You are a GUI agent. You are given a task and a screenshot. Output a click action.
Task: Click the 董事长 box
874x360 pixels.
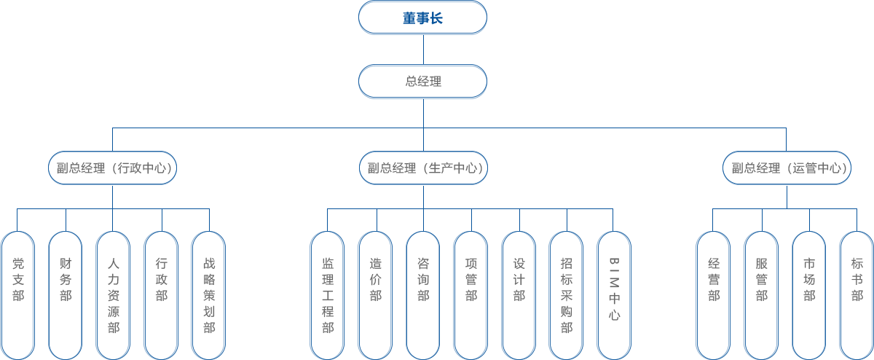coord(422,17)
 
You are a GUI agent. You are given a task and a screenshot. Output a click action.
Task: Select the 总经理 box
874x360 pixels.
coord(422,81)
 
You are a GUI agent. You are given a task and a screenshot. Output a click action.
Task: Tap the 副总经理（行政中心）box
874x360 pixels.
coord(112,168)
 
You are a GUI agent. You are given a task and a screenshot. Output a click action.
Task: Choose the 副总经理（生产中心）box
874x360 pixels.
coord(423,168)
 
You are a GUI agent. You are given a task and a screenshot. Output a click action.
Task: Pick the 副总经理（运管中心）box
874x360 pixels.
coord(787,168)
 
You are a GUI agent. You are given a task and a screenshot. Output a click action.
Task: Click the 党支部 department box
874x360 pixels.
coord(17,294)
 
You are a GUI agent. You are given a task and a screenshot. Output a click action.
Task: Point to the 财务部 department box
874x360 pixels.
coord(65,294)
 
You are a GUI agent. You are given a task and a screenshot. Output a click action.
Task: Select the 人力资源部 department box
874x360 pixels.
coord(113,294)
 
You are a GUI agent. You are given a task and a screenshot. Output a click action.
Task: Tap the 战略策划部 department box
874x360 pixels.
coord(208,294)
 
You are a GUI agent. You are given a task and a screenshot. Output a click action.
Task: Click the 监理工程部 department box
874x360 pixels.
coord(327,294)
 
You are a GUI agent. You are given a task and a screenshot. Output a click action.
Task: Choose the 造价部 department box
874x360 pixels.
coord(374,294)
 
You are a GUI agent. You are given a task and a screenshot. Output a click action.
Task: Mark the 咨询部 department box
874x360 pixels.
coord(422,294)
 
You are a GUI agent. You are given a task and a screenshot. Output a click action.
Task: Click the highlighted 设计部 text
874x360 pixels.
coord(519,279)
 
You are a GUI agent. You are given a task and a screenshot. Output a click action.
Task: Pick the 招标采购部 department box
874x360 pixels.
coord(566,294)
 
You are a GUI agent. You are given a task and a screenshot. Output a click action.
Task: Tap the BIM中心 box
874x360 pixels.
coord(613,294)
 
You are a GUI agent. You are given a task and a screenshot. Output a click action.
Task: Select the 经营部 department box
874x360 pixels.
coord(713,294)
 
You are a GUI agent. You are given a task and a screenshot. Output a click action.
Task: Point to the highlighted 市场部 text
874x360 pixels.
coord(809,279)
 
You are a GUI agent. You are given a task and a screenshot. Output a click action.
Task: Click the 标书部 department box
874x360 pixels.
coord(857,294)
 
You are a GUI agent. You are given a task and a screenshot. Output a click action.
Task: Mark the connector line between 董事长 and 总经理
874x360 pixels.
coord(423,49)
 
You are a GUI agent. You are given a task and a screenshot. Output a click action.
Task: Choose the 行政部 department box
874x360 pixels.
coord(160,294)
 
